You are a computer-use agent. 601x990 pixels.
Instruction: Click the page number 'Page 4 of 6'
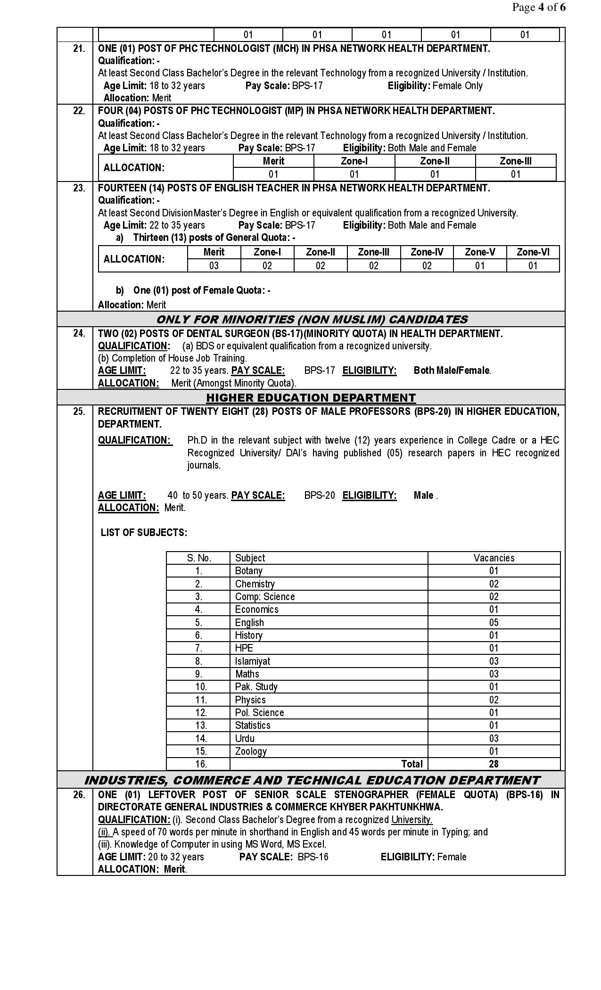(539, 8)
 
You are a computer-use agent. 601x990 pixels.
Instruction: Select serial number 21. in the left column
(79, 49)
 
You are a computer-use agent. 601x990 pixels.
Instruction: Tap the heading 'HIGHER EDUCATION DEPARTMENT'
(311, 397)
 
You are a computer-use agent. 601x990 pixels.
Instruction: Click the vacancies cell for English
(494, 622)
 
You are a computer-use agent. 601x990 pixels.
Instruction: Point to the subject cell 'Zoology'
(251, 751)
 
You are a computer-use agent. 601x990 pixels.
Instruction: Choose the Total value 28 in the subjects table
(494, 764)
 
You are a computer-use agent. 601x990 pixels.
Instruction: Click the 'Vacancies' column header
(494, 558)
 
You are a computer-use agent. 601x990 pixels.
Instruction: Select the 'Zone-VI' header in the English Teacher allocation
(533, 252)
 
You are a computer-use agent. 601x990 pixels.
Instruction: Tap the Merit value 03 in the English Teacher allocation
(214, 265)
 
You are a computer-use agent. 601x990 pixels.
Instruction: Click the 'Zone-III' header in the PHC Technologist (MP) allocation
(515, 161)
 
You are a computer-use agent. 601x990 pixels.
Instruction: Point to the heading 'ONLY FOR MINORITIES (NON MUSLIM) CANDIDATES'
(311, 319)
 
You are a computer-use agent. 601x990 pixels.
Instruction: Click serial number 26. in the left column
(79, 795)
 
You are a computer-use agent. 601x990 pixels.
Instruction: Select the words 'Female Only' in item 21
(457, 86)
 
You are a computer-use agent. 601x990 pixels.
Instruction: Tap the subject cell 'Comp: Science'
(265, 596)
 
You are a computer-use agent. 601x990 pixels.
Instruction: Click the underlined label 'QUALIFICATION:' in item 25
(135, 440)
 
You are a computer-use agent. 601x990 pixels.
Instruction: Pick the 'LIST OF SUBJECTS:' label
(144, 533)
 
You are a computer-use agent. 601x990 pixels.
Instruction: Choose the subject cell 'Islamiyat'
(253, 661)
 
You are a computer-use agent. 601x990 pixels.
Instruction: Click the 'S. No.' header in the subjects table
(199, 558)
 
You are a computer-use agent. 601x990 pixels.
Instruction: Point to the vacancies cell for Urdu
(494, 738)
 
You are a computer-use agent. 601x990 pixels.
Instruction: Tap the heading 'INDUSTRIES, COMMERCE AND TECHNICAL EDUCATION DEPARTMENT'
(311, 780)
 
